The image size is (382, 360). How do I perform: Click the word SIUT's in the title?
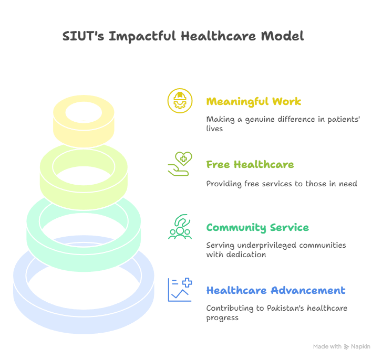pos(83,36)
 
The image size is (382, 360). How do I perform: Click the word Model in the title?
pos(282,36)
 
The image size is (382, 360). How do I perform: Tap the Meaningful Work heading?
pos(254,102)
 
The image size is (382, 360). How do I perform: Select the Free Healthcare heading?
pos(250,164)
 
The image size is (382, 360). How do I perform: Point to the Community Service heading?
pos(257,228)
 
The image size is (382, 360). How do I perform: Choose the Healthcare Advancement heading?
pos(276,290)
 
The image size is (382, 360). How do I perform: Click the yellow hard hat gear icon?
pos(180,101)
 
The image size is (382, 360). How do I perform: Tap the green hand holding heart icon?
pos(180,164)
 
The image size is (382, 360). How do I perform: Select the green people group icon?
pos(180,227)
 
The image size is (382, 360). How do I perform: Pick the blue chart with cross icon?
pos(180,290)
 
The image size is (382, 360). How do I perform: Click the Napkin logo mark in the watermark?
pos(346,347)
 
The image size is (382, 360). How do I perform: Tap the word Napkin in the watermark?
pos(360,347)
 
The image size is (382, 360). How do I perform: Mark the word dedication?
pos(246,255)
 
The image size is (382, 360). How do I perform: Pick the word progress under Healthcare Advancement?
pos(222,318)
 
